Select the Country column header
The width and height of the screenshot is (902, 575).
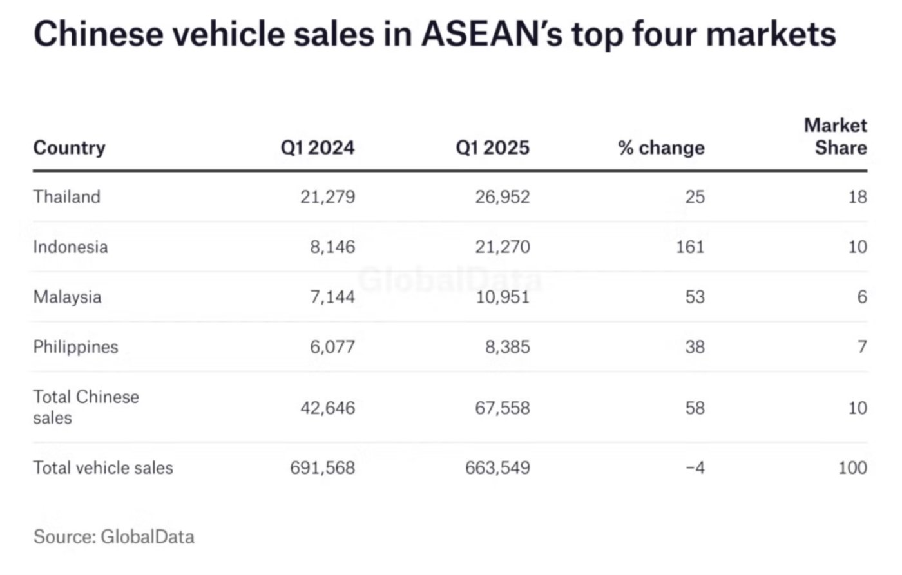click(69, 147)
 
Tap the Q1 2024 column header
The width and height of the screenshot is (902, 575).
click(317, 147)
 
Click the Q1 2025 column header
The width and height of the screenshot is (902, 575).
click(492, 147)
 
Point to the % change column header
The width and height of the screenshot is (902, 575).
click(661, 147)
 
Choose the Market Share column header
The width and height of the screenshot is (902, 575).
click(835, 136)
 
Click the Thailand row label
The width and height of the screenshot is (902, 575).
click(66, 196)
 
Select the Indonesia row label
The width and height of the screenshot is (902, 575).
click(70, 247)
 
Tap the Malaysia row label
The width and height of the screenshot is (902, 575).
click(67, 297)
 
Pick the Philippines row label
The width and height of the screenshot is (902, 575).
click(75, 347)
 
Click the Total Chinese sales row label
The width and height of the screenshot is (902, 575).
click(86, 407)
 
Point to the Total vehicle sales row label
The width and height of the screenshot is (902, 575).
click(103, 467)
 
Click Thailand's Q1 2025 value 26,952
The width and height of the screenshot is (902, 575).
click(503, 196)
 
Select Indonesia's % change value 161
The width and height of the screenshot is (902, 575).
click(690, 247)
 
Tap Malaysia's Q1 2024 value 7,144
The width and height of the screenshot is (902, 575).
click(332, 297)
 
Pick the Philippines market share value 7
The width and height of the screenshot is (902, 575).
click(861, 347)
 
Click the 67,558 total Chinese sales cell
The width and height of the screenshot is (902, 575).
click(503, 408)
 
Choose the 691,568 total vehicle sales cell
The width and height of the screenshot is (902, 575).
click(322, 467)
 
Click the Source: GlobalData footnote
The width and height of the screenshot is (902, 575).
click(113, 536)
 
